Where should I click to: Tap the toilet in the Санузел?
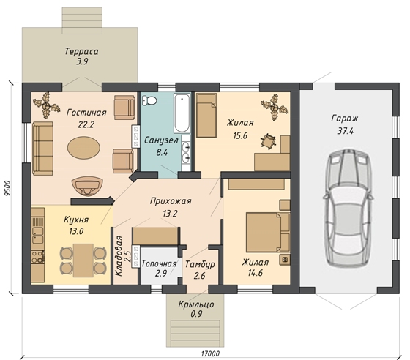pyautogui.click(x=149, y=100)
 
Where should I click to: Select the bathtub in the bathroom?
pyautogui.click(x=182, y=113)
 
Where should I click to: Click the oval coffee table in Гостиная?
pyautogui.click(x=83, y=148)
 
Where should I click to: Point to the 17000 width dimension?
pyautogui.click(x=210, y=353)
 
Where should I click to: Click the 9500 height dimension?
pyautogui.click(x=8, y=188)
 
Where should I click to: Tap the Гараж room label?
pyautogui.click(x=345, y=119)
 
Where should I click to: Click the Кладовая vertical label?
pyautogui.click(x=119, y=256)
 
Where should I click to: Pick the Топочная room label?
pyautogui.click(x=159, y=263)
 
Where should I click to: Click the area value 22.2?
pyautogui.click(x=86, y=124)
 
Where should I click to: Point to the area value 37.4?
pyautogui.click(x=345, y=131)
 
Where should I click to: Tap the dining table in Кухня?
pyautogui.click(x=83, y=260)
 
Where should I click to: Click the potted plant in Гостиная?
pyautogui.click(x=47, y=105)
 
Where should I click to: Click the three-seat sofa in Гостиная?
pyautogui.click(x=43, y=148)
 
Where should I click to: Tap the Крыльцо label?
pyautogui.click(x=196, y=304)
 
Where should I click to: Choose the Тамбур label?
pyautogui.click(x=200, y=264)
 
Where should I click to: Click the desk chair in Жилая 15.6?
pyautogui.click(x=268, y=141)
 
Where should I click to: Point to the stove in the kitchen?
pyautogui.click(x=37, y=257)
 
